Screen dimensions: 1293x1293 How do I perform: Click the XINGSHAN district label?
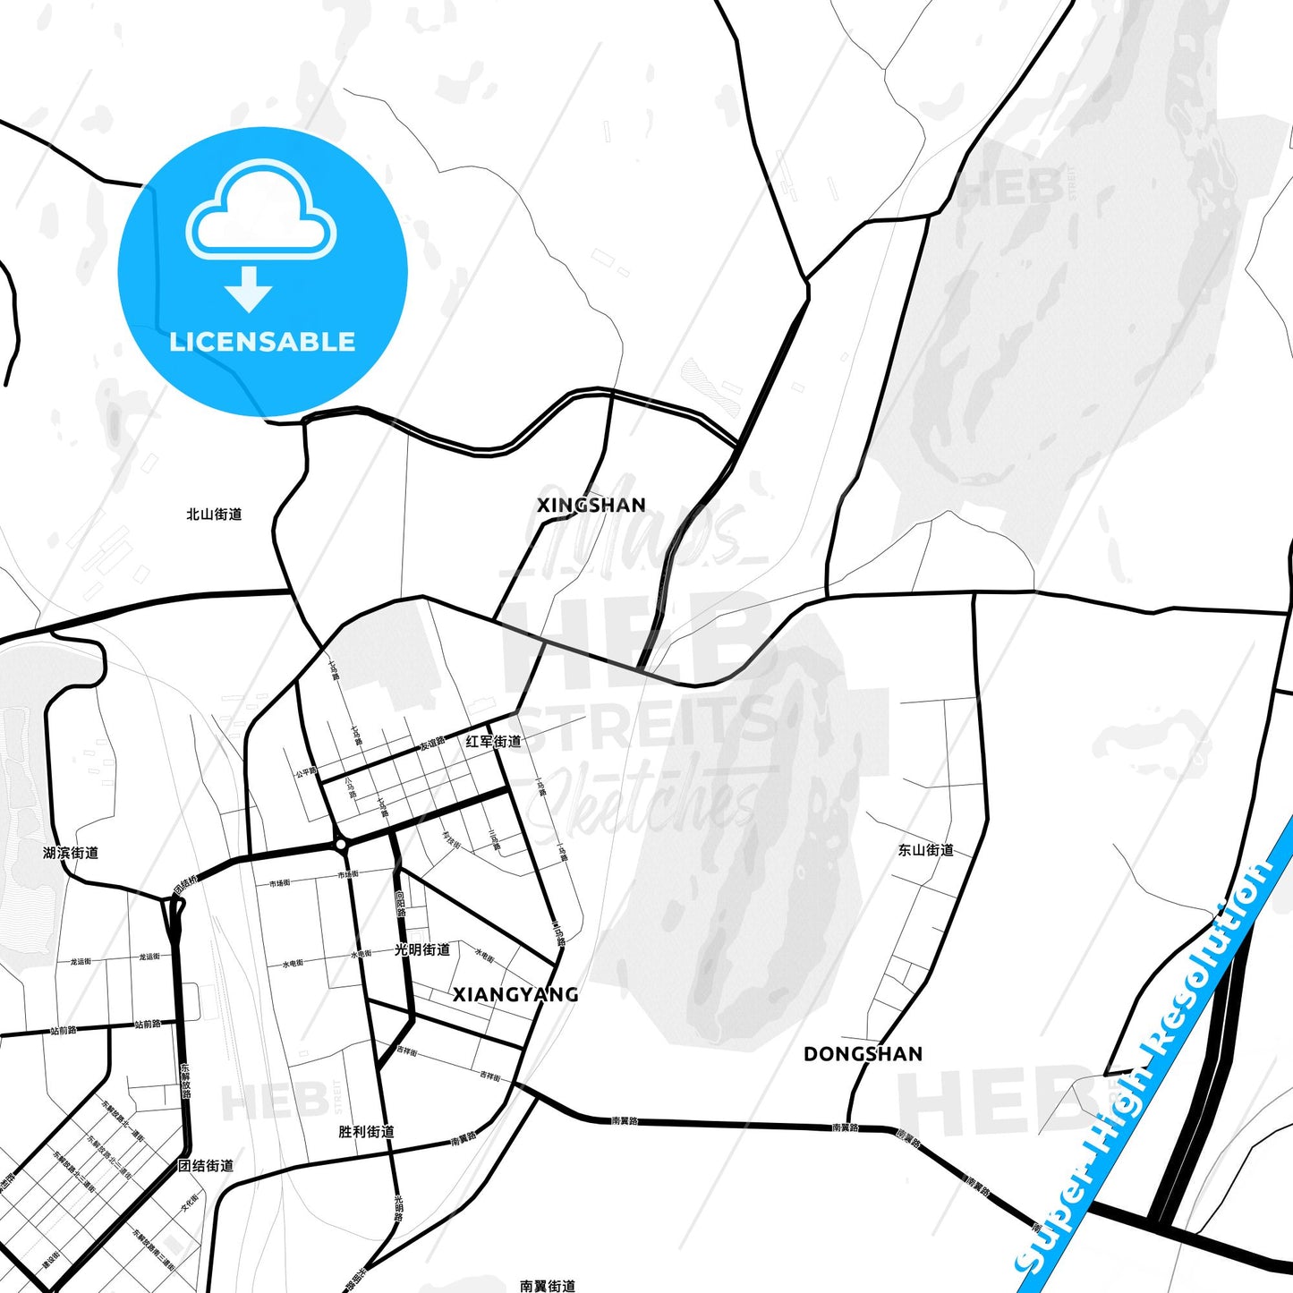coord(591,506)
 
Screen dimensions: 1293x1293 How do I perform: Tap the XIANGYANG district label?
coord(515,995)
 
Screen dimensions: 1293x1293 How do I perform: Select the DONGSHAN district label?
coord(863,1054)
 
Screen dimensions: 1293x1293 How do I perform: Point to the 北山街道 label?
coord(214,515)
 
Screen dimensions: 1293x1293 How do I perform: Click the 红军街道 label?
coord(493,742)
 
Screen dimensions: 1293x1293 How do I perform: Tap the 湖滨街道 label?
coord(71,854)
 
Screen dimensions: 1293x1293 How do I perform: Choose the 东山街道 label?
coord(926,850)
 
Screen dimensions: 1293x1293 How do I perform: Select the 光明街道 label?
coord(422,949)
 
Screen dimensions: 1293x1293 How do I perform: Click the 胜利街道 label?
coord(366,1132)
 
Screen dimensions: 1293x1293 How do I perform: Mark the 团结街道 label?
coord(206,1166)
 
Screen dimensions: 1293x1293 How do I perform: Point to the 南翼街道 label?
coord(548,1286)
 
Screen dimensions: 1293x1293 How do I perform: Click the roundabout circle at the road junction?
coord(340,844)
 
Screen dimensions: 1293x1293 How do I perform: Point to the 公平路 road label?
coord(306,771)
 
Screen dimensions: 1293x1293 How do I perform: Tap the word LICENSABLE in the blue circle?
coord(262,342)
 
